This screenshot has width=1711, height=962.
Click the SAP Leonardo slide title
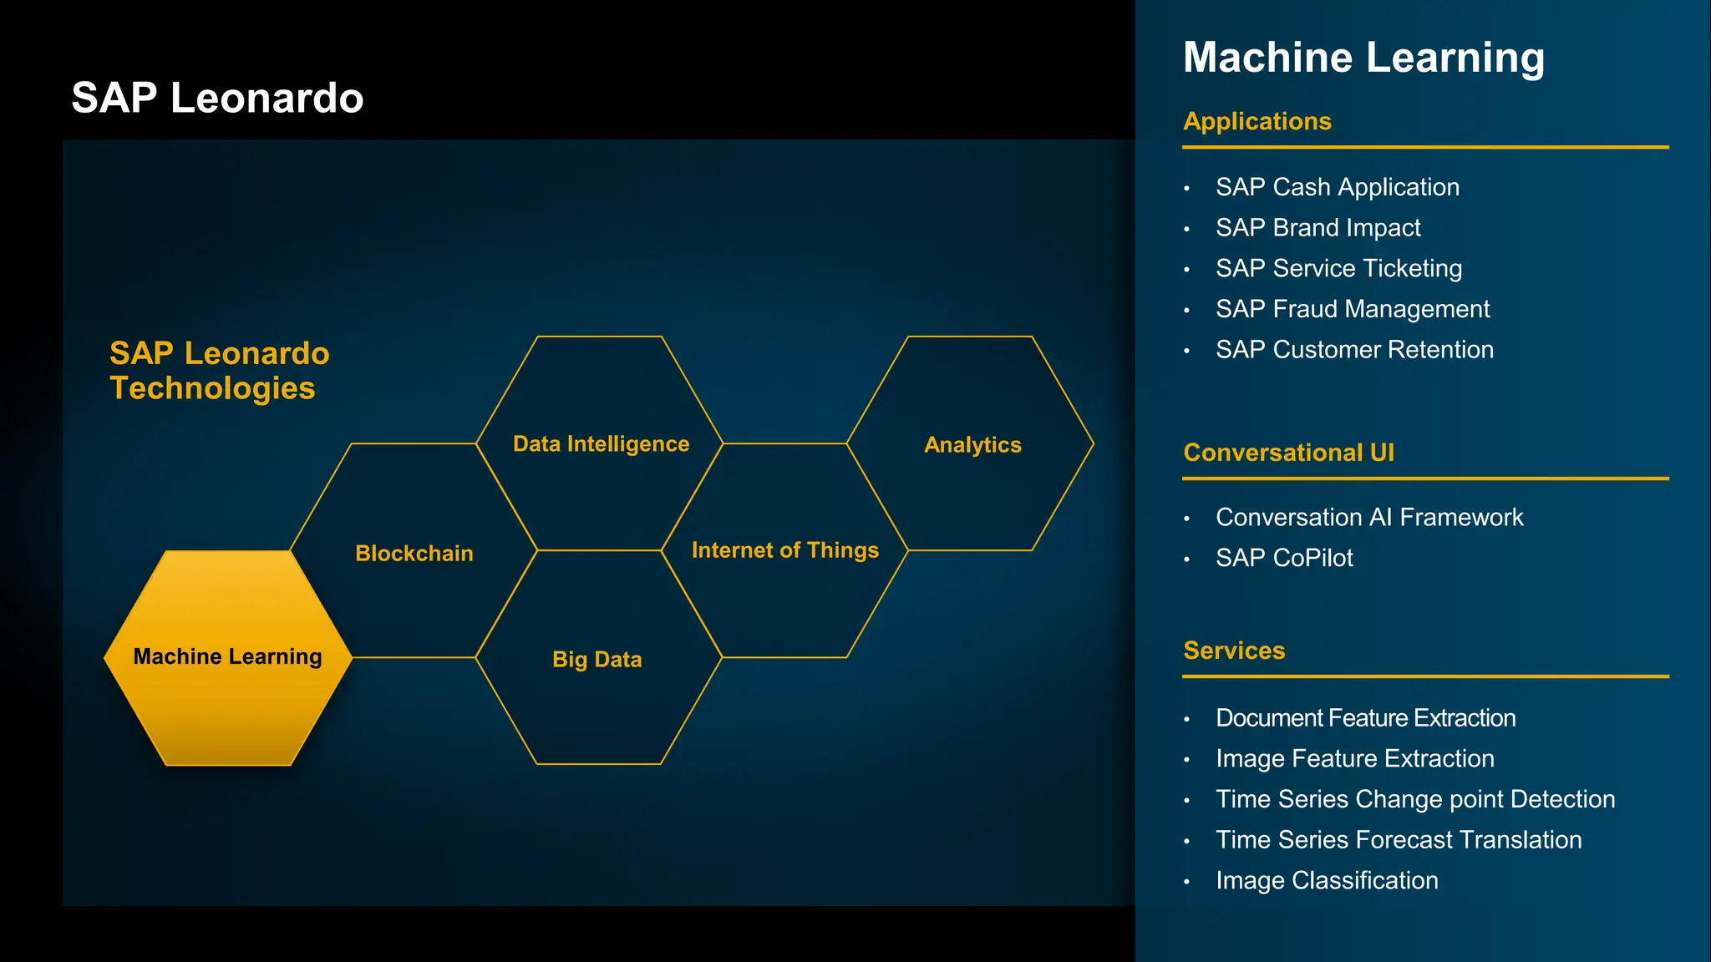coord(217,98)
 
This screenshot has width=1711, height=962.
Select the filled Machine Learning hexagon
coord(227,658)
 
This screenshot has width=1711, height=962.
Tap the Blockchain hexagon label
coord(414,553)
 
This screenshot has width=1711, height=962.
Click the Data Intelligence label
coord(601,443)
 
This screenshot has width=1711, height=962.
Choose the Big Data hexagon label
coord(597,659)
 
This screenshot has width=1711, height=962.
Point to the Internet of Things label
coord(784,549)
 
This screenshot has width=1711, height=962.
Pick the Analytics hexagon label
coord(972,444)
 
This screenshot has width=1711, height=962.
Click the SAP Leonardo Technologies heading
coord(219,370)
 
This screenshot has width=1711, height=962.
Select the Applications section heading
coord(1257,121)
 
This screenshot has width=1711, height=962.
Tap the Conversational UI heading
coord(1288,452)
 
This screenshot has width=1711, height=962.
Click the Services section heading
coord(1233,650)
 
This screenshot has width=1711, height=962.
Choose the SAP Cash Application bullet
coord(1337,187)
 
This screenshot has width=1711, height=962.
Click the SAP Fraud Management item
coord(1352,309)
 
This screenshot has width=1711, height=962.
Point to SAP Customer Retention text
coord(1353,349)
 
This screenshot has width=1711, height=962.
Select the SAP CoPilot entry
coord(1283,557)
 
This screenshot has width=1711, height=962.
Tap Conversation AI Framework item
coord(1368,517)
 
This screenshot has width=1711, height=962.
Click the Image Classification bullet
coord(1326,880)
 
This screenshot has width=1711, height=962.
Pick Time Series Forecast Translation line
coord(1398,839)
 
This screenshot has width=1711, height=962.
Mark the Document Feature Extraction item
coord(1364,717)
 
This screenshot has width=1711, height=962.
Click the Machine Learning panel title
coord(1363,58)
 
